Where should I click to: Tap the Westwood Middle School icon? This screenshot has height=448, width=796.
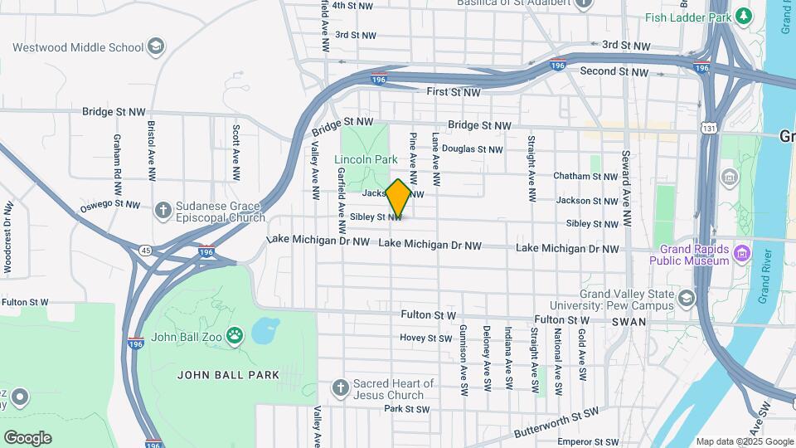pos(155,47)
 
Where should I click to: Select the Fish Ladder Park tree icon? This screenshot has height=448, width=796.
pos(744,16)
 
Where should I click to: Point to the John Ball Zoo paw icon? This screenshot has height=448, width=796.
pos(235,336)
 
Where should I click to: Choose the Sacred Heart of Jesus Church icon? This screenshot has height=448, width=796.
pos(340,387)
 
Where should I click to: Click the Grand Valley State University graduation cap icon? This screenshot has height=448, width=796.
pos(687,298)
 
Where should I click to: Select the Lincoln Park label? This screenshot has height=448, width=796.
pos(362,159)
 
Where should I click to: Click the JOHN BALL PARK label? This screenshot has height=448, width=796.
pos(229,375)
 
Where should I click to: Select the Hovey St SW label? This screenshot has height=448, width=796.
pos(426,338)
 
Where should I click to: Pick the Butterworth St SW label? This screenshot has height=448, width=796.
pos(555,422)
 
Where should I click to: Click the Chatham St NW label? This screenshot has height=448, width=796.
pos(586,176)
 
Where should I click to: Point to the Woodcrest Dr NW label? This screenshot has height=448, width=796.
pos(7,236)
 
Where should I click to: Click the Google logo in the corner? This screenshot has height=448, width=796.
pos(27,438)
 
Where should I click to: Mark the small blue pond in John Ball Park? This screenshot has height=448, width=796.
pos(265,331)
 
